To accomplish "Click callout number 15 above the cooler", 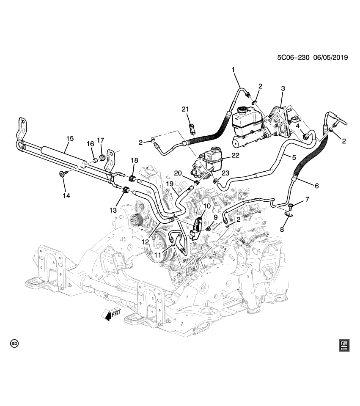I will [70, 138].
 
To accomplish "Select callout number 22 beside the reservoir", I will [235, 155].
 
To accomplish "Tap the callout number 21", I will [185, 110].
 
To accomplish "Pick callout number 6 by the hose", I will [316, 185].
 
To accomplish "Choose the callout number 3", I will [283, 88].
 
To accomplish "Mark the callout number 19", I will [169, 184].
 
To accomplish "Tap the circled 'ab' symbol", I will [15, 343].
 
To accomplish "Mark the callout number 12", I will [146, 242].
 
